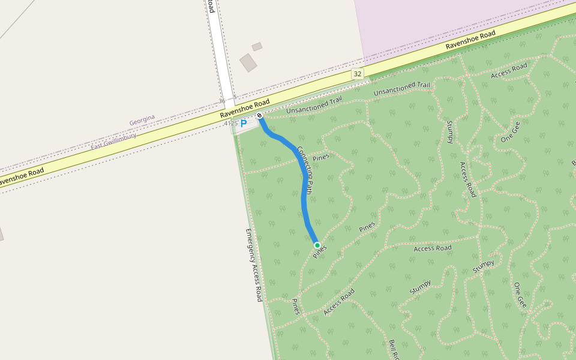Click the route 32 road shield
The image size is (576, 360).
click(x=358, y=73)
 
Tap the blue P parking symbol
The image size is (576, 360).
click(x=244, y=124)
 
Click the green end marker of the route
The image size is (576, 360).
click(x=317, y=245)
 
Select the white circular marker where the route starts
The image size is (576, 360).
click(x=259, y=115)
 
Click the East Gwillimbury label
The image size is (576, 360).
click(x=113, y=141)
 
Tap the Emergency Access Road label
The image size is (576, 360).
click(x=254, y=265)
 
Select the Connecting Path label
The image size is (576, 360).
click(x=305, y=170)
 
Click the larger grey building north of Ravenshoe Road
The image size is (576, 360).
click(x=248, y=62)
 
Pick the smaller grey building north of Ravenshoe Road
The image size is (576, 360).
click(x=257, y=47)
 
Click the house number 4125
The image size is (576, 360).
click(x=230, y=123)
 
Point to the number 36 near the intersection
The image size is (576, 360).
click(x=222, y=101)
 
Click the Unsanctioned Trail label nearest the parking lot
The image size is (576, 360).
click(x=314, y=105)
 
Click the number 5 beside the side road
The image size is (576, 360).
click(x=235, y=97)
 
